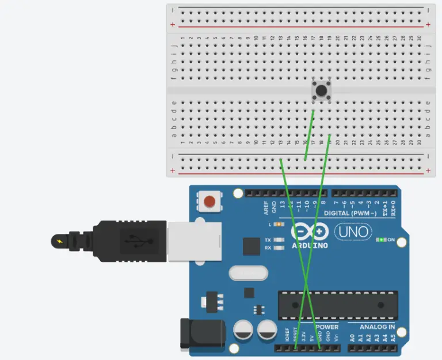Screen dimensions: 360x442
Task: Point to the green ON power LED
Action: click(x=381, y=239)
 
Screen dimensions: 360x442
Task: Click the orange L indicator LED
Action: click(x=279, y=224)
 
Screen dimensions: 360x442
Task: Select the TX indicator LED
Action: click(x=280, y=240)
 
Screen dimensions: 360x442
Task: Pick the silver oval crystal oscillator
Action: click(x=248, y=272)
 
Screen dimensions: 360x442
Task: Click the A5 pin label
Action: click(x=393, y=338)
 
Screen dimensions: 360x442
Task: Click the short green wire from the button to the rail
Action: click(x=309, y=135)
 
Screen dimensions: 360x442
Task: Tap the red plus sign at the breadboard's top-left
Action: click(x=173, y=25)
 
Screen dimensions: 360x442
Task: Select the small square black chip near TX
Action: click(x=252, y=247)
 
